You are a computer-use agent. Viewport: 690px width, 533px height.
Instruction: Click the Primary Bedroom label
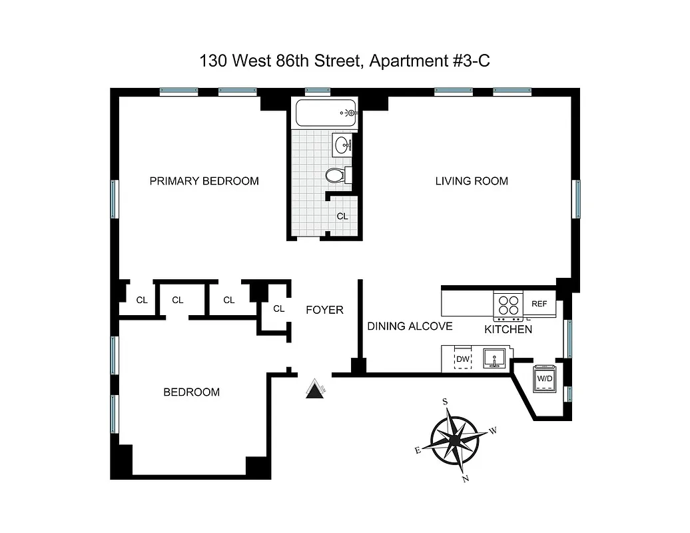[x=204, y=181]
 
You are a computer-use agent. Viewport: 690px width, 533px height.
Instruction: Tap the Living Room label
[x=472, y=181]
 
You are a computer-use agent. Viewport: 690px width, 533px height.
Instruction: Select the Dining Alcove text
[x=410, y=326]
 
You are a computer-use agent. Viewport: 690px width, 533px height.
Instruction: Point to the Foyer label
[x=324, y=310]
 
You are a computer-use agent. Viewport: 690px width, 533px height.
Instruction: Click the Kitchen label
[x=508, y=329]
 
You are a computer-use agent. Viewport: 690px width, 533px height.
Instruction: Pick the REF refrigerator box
[x=539, y=304]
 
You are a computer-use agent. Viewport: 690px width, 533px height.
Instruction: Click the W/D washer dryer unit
[x=545, y=378]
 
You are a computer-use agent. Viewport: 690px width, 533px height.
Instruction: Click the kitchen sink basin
[x=494, y=358]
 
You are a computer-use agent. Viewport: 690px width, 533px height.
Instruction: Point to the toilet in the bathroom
[x=337, y=175]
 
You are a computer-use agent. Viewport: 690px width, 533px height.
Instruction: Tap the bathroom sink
[x=344, y=144]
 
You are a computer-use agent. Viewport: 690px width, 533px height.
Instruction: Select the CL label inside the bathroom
[x=342, y=216]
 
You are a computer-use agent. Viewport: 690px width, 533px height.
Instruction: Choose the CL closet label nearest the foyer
[x=278, y=308]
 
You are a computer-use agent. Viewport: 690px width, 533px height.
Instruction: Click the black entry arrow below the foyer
[x=314, y=390]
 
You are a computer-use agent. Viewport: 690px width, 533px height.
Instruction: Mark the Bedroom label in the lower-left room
[x=191, y=392]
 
